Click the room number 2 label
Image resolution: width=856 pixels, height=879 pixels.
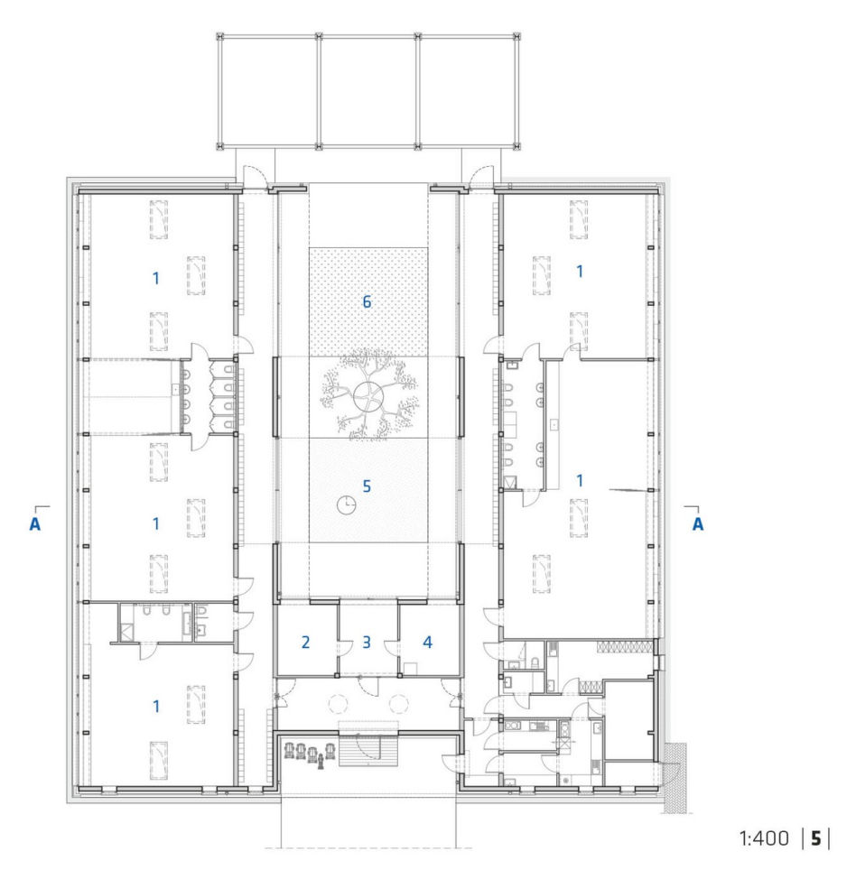[306, 642]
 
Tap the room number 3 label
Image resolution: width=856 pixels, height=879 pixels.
[367, 642]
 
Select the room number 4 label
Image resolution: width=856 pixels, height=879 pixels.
[427, 642]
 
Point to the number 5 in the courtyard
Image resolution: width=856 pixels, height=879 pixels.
[367, 486]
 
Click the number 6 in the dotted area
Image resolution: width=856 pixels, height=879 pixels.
[367, 301]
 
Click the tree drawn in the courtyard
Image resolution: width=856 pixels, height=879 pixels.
[368, 393]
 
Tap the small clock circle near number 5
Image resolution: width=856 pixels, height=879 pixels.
[346, 504]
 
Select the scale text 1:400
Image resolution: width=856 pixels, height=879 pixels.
[763, 838]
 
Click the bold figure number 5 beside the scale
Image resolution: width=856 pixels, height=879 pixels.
[815, 838]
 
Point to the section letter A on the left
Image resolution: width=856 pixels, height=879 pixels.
[35, 524]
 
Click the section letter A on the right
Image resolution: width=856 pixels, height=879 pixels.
[698, 524]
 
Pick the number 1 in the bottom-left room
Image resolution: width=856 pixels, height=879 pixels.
[156, 707]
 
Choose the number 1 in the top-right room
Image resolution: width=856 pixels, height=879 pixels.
[580, 272]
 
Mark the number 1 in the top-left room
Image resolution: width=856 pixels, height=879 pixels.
[156, 278]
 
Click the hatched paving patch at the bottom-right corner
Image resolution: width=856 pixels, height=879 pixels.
[675, 777]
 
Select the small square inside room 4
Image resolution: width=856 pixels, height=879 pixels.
[410, 669]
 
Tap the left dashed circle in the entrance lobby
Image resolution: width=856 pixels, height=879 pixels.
[339, 703]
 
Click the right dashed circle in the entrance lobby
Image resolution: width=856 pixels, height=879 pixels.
[399, 703]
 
